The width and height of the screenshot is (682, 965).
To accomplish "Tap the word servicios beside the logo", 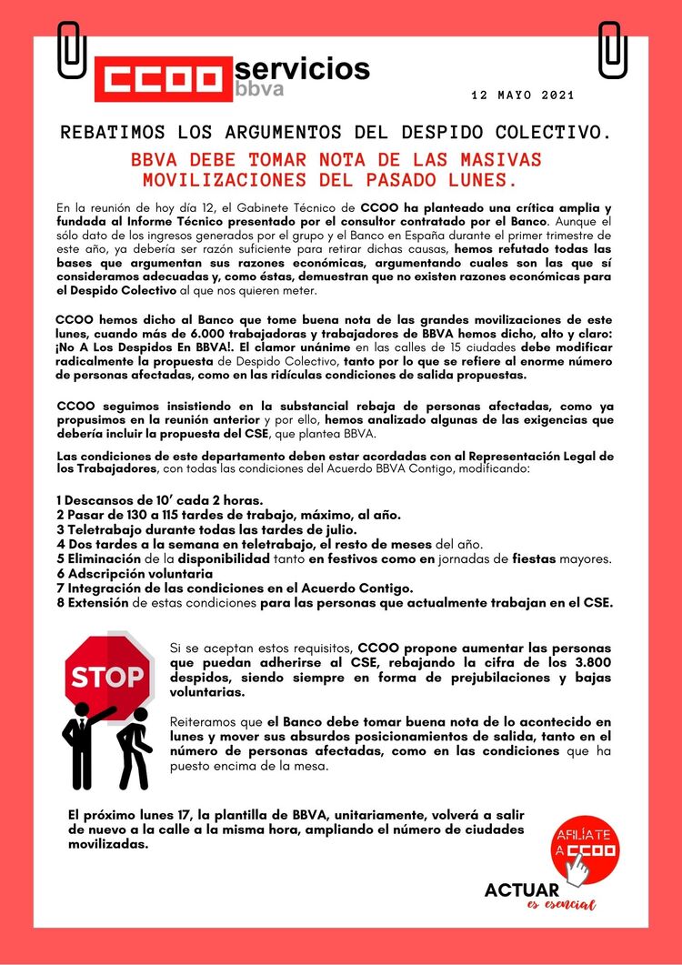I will click(x=303, y=68).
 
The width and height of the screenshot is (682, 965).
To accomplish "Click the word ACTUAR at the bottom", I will click(x=522, y=890).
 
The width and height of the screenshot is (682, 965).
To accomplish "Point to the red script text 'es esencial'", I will click(x=561, y=906).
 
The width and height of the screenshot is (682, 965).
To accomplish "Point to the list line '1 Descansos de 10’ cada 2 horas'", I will click(x=159, y=501).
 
